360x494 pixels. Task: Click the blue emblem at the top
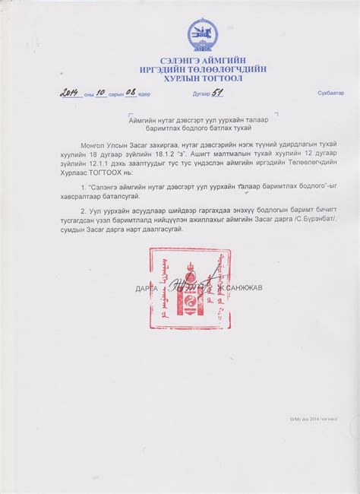(203, 35)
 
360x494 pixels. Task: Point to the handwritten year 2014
(71, 93)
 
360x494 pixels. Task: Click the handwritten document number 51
(219, 92)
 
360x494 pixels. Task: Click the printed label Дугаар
(201, 93)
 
